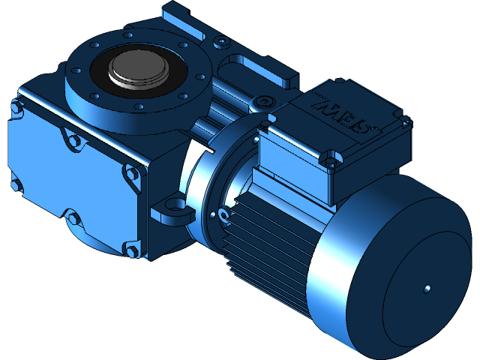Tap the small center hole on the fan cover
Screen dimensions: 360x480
coord(426,288)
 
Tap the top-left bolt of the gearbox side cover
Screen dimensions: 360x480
coord(15,109)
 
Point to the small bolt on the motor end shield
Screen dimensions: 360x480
coord(223,216)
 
